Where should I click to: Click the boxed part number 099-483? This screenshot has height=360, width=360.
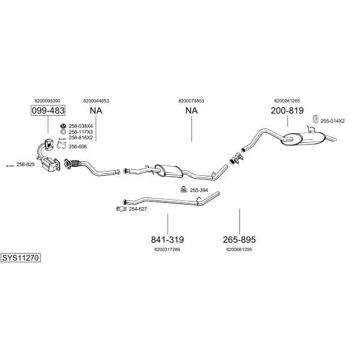pyautogui.click(x=48, y=110)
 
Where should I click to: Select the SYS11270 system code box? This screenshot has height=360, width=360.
pyautogui.click(x=20, y=258)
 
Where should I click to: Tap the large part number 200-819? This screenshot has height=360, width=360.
pyautogui.click(x=287, y=110)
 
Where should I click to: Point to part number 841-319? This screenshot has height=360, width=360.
pyautogui.click(x=167, y=239)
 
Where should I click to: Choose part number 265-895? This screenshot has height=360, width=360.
pyautogui.click(x=239, y=239)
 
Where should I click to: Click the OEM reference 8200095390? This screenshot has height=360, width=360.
pyautogui.click(x=47, y=101)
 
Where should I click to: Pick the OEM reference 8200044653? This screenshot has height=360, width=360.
pyautogui.click(x=96, y=101)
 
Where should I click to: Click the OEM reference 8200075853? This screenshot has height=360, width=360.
pyautogui.click(x=191, y=101)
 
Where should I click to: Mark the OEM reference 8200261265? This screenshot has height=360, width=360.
pyautogui.click(x=287, y=101)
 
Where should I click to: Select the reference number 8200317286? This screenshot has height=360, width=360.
pyautogui.click(x=167, y=250)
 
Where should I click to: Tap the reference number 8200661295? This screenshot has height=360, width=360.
pyautogui.click(x=239, y=250)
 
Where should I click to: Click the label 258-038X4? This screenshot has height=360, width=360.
pyautogui.click(x=80, y=126)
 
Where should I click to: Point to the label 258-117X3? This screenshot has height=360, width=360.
pyautogui.click(x=80, y=132)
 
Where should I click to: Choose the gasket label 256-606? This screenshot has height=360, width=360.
pyautogui.click(x=78, y=147)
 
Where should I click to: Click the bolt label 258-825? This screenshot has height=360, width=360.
pyautogui.click(x=25, y=164)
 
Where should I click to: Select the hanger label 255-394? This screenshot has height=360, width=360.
pyautogui.click(x=199, y=190)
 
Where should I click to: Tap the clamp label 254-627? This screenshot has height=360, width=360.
pyautogui.click(x=138, y=209)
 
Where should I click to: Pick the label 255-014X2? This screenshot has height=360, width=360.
pyautogui.click(x=332, y=121)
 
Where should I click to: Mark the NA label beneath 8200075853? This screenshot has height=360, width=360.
pyautogui.click(x=191, y=110)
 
